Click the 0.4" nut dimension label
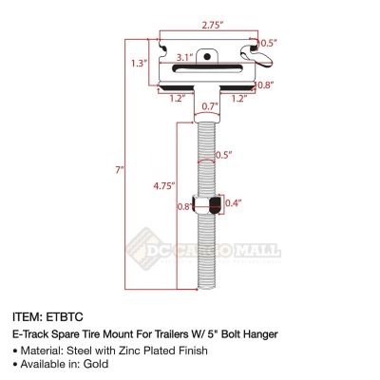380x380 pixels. [233, 201]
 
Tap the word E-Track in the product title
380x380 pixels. [34, 335]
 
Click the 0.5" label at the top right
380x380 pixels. [269, 44]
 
